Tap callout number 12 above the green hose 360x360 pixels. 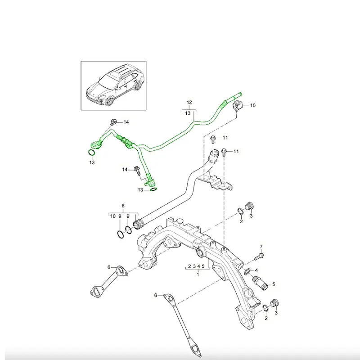(189, 103)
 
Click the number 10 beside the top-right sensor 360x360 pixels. (252, 105)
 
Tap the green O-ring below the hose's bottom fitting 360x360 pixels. (153, 189)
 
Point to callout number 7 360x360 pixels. (261, 246)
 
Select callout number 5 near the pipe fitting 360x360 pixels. (273, 284)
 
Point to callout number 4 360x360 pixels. (256, 270)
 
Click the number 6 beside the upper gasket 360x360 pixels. (109, 267)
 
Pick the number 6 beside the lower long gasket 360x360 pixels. (156, 295)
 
